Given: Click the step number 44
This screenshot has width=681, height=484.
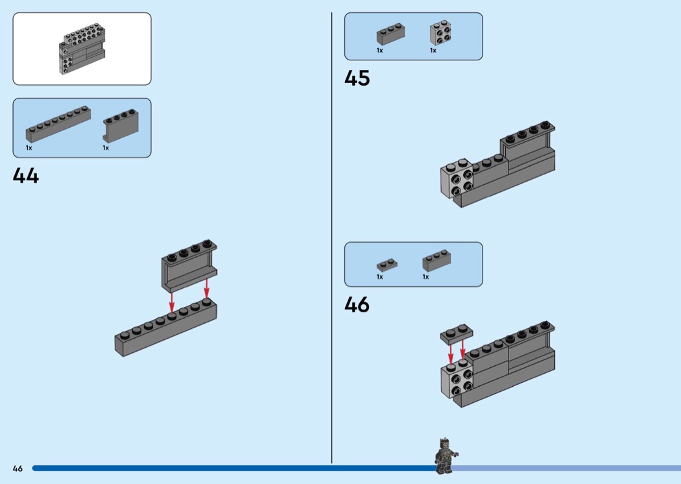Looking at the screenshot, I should tap(26, 175).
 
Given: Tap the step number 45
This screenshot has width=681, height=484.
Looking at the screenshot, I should tap(357, 78).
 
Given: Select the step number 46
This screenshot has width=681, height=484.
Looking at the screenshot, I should tap(357, 304).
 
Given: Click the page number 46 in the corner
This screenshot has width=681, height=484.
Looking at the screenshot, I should tap(18, 468).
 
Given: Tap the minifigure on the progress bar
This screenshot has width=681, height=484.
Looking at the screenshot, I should tap(445, 454).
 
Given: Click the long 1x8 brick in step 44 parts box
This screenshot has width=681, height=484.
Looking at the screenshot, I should tap(58, 124).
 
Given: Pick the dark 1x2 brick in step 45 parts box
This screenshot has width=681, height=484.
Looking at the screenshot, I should tap(390, 35).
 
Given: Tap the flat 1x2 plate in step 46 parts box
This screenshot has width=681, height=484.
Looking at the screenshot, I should tap(387, 264).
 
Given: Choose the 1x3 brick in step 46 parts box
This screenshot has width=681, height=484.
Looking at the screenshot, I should tap(436, 260).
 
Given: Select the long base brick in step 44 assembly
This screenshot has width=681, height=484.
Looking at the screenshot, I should tap(165, 328).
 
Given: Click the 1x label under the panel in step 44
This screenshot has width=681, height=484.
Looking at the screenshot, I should tap(106, 148).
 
